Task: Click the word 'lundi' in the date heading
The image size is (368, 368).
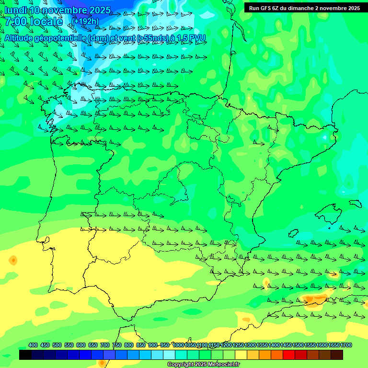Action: coord(15,11)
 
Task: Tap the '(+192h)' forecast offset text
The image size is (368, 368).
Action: coord(86,21)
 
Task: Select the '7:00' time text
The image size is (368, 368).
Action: coord(15,22)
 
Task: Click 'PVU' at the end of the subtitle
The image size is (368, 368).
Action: coord(196,38)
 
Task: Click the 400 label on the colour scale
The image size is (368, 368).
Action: coord(33,345)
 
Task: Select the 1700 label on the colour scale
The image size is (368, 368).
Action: coord(346,345)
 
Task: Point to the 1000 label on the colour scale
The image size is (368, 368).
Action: coord(178,345)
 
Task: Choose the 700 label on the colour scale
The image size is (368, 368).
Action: coord(105,345)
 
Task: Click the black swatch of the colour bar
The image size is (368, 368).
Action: coord(25,355)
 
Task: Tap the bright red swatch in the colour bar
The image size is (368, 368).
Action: coord(289,355)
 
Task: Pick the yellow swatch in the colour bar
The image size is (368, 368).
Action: coord(241,355)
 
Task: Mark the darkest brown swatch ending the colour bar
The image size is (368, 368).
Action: coord(337,355)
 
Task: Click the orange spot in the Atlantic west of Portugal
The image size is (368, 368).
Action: coord(13,261)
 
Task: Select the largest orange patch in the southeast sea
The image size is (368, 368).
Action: coord(314,299)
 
